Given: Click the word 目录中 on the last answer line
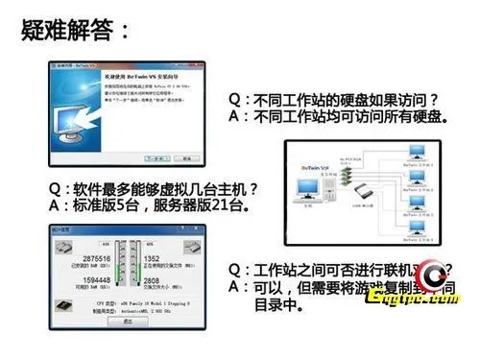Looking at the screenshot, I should pyautogui.click(x=279, y=307).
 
